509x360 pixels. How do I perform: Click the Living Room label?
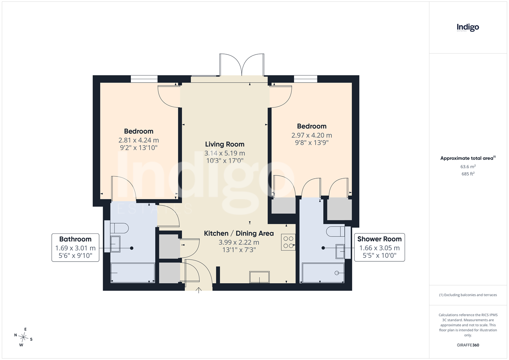225,144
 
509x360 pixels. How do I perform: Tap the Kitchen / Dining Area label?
239,233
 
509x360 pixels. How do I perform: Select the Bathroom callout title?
75,239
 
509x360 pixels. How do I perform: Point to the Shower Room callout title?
379,239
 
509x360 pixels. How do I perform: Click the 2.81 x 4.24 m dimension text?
139,140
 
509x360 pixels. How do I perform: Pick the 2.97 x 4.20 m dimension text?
312,135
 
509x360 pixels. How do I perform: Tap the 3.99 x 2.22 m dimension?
239,242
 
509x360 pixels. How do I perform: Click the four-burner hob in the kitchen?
288,242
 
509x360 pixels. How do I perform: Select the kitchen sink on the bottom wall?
259,277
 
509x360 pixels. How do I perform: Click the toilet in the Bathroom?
119,228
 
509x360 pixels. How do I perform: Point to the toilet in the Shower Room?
336,231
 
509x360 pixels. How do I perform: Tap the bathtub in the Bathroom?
133,273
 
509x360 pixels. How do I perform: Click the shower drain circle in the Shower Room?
337,273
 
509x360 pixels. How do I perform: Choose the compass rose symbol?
23,337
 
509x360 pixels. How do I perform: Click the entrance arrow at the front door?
199,290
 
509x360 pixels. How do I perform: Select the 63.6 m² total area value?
468,167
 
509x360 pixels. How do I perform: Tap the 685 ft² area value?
468,174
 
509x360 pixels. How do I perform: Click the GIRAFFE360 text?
468,345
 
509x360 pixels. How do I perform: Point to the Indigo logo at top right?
468,28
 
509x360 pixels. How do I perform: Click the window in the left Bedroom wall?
144,79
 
